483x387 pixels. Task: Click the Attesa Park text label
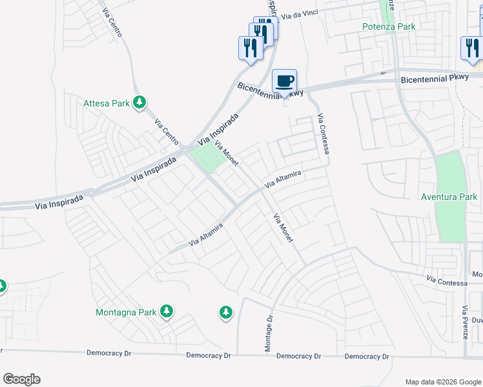point(107,103)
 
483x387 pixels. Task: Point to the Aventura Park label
point(449,197)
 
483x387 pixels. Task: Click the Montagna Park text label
point(126,312)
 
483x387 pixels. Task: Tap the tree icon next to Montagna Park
point(167,312)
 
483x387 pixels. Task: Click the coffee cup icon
point(284,81)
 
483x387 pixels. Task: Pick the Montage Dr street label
point(269,333)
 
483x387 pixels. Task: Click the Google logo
point(21,379)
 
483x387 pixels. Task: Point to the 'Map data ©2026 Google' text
point(442,382)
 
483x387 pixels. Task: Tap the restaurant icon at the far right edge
point(471,49)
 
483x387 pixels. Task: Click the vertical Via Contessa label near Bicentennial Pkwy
point(324,134)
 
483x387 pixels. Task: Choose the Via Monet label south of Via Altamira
point(283,228)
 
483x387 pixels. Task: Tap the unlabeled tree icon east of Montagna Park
point(225,313)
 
